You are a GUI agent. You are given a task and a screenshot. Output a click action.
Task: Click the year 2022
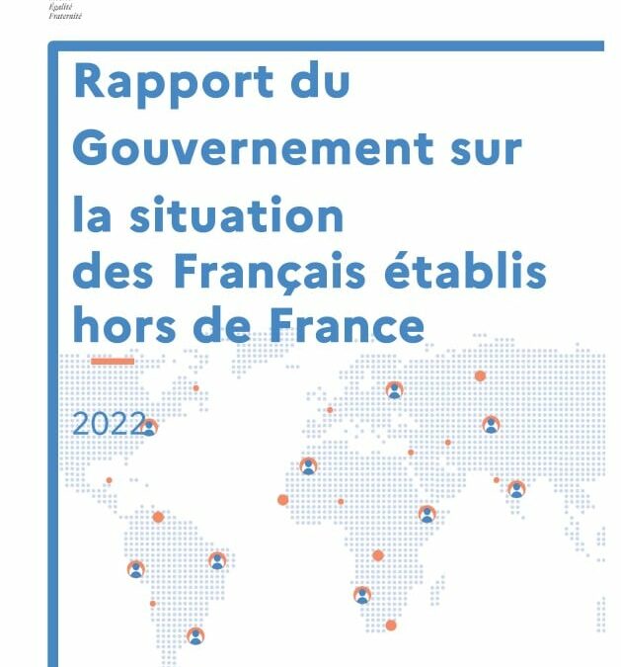tap(107, 424)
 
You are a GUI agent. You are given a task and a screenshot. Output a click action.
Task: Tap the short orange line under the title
tap(112, 362)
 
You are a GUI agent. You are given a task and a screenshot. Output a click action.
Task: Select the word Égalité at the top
tap(61, 6)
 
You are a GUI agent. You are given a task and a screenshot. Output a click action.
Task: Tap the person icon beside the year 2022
tap(149, 427)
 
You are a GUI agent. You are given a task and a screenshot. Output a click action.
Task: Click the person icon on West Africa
tap(309, 465)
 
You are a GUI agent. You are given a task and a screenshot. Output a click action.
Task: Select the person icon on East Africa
tap(427, 514)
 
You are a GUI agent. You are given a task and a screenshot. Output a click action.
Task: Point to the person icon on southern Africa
tap(362, 595)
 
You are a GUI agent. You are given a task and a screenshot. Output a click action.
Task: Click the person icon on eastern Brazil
tap(217, 560)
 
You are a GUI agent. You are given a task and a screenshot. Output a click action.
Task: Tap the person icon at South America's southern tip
tap(195, 635)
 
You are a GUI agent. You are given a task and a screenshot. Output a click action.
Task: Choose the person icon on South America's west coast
tap(136, 569)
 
